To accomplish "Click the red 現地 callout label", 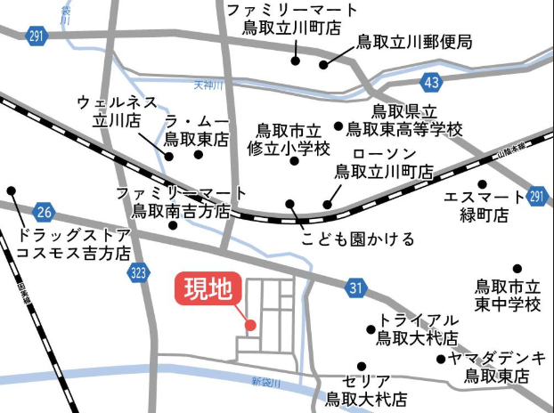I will (207, 288).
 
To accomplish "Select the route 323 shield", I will (137, 273).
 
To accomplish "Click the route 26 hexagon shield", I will (45, 213).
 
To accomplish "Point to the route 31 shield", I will (355, 287).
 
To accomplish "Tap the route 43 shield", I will (432, 83).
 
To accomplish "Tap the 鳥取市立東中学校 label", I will (507, 296).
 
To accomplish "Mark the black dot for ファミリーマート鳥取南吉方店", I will (172, 225).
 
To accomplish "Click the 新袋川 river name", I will (265, 382).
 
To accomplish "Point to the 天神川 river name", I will (208, 86).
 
